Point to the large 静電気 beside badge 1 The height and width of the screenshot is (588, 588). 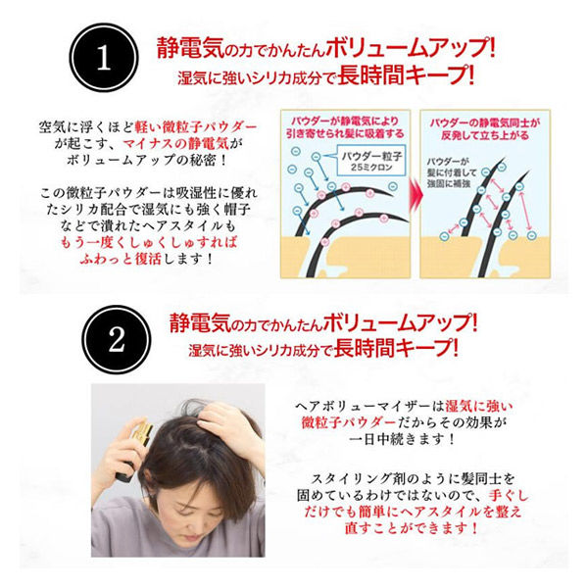coord(187,47)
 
